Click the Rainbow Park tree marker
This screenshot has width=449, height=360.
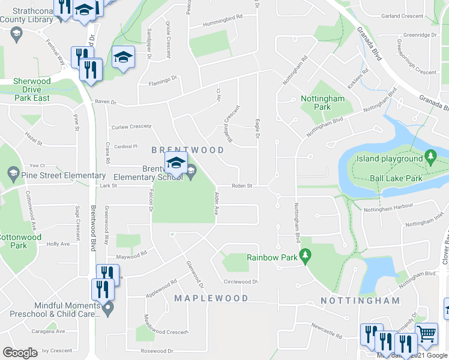click(306, 256)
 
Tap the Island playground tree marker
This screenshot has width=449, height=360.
click(430, 158)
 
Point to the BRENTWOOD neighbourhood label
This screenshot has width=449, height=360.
click(188, 150)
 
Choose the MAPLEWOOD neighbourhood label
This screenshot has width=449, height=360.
click(211, 298)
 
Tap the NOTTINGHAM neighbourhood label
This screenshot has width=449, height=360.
click(360, 301)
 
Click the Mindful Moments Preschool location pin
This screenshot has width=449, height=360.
click(108, 309)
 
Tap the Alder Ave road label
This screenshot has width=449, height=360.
click(214, 204)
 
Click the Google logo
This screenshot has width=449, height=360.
click(20, 353)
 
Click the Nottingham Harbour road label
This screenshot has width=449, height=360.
click(388, 206)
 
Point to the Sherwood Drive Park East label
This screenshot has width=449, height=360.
click(32, 89)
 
